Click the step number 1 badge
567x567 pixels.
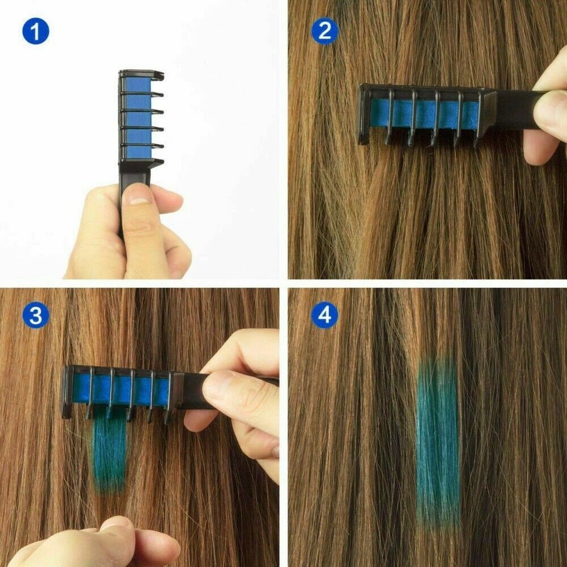point(35,31)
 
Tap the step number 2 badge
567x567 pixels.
point(324,31)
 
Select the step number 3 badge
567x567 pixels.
point(35,316)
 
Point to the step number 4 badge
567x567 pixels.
point(324,316)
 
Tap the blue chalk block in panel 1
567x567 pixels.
point(137,118)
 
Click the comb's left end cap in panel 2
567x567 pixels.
point(364,113)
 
